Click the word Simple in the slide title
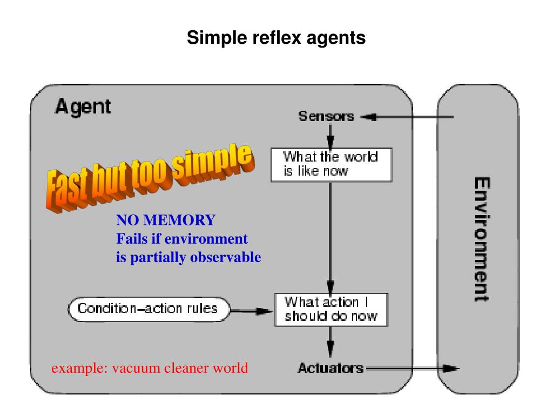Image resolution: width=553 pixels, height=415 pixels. pos(217,38)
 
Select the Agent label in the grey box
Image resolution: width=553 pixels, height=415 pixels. pos(83,106)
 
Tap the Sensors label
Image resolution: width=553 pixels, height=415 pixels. pos(326,116)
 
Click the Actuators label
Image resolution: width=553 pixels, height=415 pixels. pos(331,368)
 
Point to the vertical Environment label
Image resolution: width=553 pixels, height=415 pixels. pos(482,239)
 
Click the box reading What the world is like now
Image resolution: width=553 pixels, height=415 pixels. pos(331,165)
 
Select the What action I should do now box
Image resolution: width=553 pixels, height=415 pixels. pos(331,310)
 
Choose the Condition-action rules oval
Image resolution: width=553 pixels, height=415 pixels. pos(149,309)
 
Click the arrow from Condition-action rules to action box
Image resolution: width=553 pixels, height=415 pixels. pos(251,311)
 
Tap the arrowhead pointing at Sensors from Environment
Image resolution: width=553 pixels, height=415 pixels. pos(368,117)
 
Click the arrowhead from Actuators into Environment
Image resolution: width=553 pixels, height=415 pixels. pos(451,369)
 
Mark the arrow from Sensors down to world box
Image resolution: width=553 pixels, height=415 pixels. pos(330,137)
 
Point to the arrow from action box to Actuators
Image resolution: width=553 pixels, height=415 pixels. pos(330,342)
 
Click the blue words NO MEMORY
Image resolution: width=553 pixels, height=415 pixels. pos(166,220)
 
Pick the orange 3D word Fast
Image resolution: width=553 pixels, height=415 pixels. pos(67,189)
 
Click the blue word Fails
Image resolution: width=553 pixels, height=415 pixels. pos(132,239)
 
